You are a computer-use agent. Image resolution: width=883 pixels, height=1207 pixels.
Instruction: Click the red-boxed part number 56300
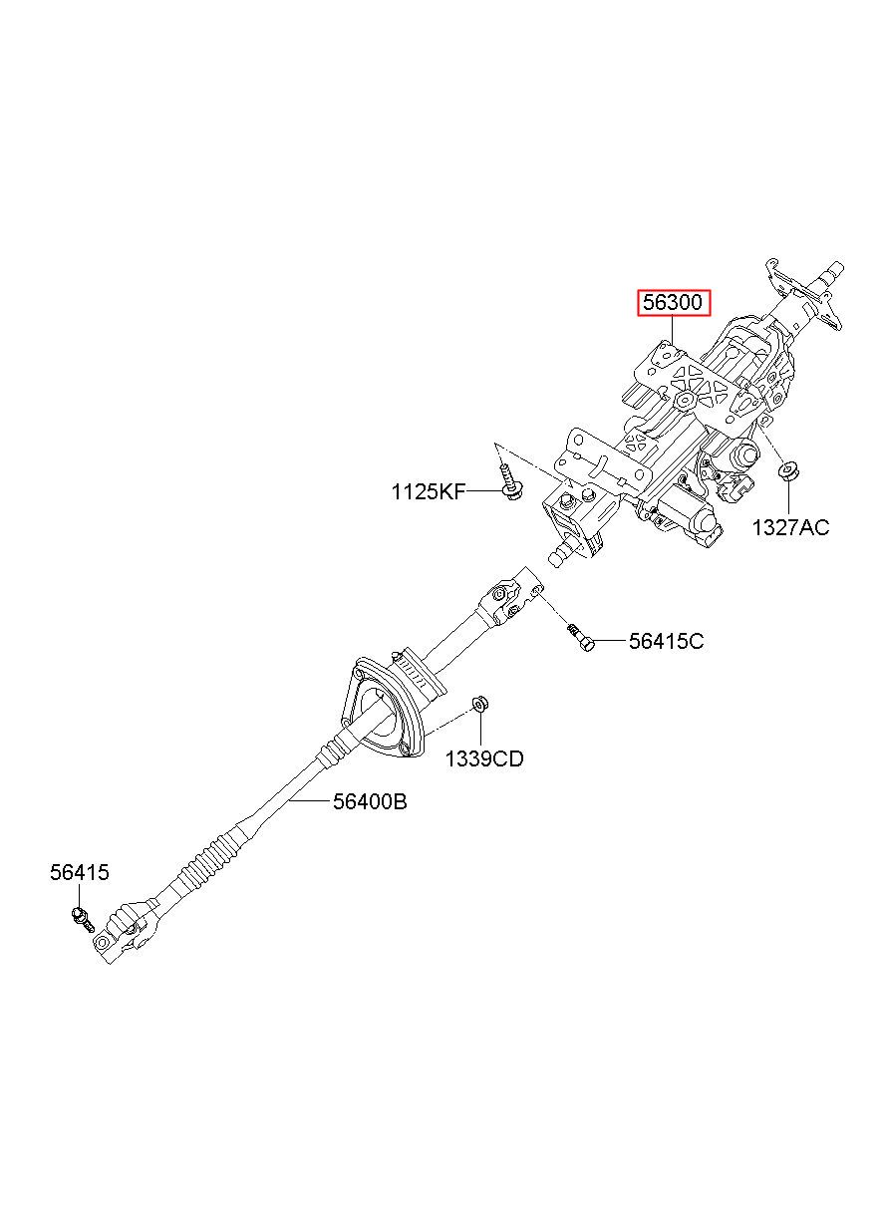tap(675, 302)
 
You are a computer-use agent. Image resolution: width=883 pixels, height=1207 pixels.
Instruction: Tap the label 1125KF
tap(428, 491)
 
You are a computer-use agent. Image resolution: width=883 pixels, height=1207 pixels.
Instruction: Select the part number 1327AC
tap(789, 528)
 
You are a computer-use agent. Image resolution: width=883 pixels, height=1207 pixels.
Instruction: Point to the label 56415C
tap(666, 642)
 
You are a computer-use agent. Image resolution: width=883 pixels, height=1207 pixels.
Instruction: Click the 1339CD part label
tap(483, 759)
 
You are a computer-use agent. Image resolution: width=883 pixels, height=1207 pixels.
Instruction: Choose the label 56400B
tap(370, 801)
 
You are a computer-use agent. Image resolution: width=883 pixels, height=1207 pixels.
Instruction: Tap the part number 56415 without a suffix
tap(80, 873)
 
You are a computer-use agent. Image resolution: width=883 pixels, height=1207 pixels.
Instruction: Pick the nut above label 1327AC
tap(789, 469)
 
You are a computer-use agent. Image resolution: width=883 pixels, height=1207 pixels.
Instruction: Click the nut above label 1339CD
tap(478, 705)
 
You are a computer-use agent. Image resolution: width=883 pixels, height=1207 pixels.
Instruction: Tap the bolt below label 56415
tap(80, 915)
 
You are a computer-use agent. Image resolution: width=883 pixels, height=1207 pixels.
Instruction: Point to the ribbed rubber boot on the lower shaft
tap(209, 862)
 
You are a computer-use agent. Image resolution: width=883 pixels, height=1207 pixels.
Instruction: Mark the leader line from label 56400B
tap(311, 800)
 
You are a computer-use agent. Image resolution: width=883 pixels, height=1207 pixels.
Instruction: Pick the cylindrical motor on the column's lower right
tap(688, 513)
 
